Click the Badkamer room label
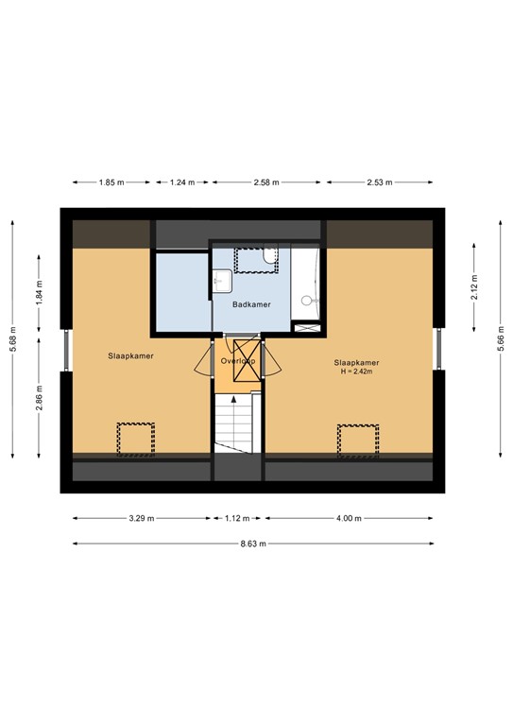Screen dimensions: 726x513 pyautogui.click(x=250, y=304)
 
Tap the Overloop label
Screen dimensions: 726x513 pyautogui.click(x=237, y=361)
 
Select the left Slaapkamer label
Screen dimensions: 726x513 pyautogui.click(x=131, y=356)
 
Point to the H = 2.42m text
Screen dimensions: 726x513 pyautogui.click(x=356, y=372)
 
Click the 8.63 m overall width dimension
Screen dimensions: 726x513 pyautogui.click(x=252, y=544)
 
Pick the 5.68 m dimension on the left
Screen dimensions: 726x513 pyautogui.click(x=12, y=337)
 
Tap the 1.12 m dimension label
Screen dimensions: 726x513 pyautogui.click(x=237, y=518)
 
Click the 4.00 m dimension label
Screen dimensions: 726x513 pyautogui.click(x=349, y=518)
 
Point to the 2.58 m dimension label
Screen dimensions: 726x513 pyautogui.click(x=268, y=182)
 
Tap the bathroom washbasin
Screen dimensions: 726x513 pyautogui.click(x=221, y=281)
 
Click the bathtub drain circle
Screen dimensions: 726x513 pyautogui.click(x=304, y=302)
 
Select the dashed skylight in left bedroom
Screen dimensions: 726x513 pyautogui.click(x=135, y=440)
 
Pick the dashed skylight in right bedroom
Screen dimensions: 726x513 pyautogui.click(x=357, y=440)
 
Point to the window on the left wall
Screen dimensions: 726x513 pyautogui.click(x=64, y=350)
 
